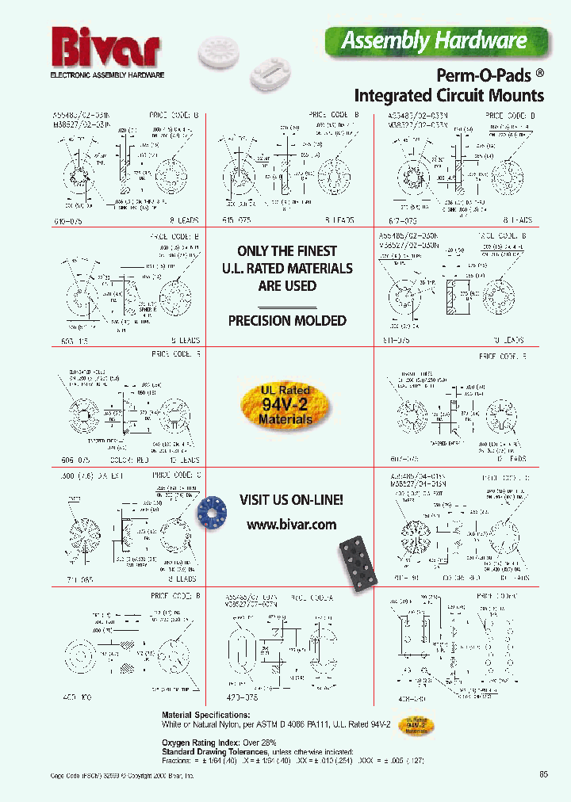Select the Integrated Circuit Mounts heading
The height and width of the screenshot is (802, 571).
[448, 96]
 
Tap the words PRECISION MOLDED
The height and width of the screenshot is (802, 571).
[287, 321]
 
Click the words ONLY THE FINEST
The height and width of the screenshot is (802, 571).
[287, 250]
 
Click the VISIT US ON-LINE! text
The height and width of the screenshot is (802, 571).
[292, 500]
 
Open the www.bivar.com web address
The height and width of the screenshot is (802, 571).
[291, 525]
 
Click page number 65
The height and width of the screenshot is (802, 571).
[543, 774]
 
